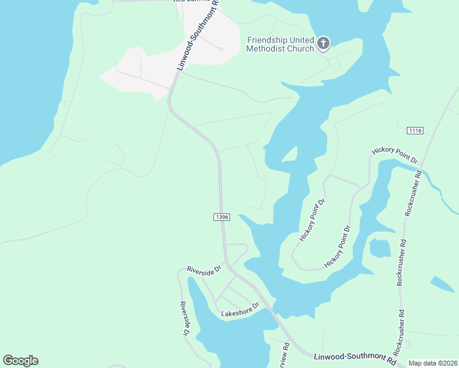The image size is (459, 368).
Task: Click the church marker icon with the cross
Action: point(323,43)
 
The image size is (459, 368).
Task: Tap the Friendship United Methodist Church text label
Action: point(280,44)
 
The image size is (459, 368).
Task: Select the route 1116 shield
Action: point(415,131)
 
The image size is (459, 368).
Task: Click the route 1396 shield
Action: point(222,217)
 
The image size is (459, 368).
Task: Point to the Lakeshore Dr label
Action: point(240,310)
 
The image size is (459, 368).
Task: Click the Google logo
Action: point(20,361)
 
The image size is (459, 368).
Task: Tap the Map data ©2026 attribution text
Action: point(433,363)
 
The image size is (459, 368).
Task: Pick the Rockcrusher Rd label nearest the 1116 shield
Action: point(412,192)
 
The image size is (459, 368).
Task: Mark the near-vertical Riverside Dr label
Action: point(184,319)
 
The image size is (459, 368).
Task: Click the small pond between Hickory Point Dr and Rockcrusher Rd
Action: point(380,248)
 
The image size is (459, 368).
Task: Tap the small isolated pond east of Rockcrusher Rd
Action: point(442,283)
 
